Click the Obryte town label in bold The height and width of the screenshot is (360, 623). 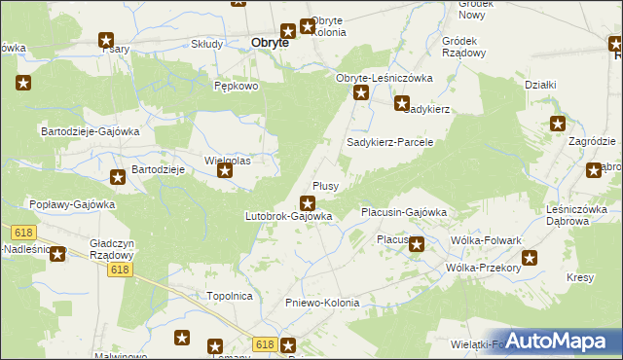(x=270, y=43)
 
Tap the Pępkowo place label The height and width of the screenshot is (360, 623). (x=236, y=86)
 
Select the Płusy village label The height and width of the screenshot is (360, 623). (x=324, y=186)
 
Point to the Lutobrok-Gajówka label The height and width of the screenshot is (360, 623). (x=289, y=216)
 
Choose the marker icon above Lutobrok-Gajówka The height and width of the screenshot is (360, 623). (x=308, y=203)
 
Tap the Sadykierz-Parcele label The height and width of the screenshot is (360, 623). (x=389, y=142)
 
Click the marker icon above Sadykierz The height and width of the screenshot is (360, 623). (x=401, y=102)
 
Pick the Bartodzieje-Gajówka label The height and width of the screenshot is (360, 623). (x=91, y=130)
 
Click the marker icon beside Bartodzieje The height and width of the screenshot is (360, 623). (x=117, y=176)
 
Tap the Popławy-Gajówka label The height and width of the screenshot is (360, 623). (x=73, y=205)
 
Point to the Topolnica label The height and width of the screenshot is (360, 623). (x=230, y=294)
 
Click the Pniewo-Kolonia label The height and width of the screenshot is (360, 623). (x=322, y=304)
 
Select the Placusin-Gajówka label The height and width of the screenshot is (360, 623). (x=403, y=211)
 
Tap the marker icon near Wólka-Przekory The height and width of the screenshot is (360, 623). (x=530, y=258)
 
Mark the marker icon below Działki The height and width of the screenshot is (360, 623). (x=557, y=124)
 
